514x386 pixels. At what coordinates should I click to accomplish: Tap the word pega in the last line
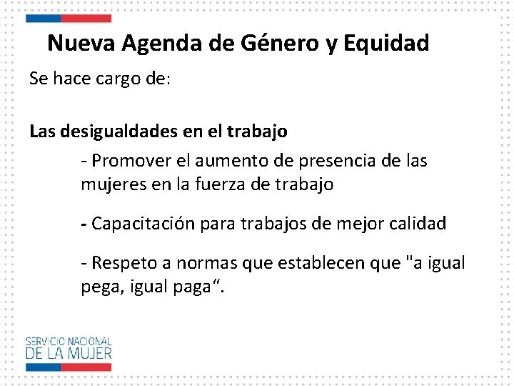pos(97,287)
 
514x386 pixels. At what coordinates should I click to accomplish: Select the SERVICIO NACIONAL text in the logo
pos(69,342)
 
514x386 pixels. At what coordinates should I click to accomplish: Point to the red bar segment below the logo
pos(85,367)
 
